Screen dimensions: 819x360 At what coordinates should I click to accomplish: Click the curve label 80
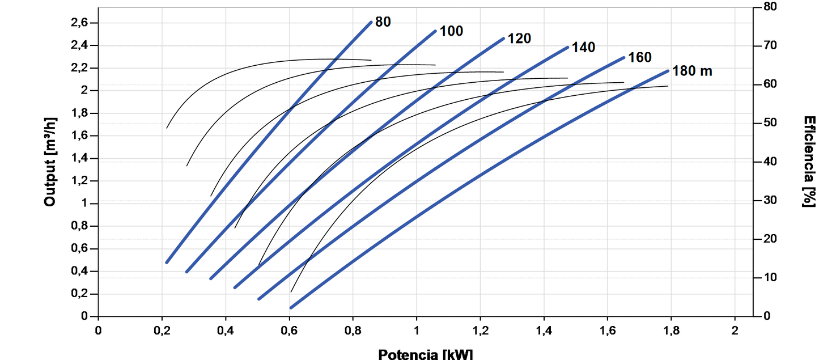pos(383,22)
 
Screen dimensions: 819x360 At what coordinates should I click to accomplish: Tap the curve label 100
pos(451,31)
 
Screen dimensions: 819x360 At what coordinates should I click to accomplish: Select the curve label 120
pos(519,39)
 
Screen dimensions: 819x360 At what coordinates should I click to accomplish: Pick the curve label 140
pos(583,48)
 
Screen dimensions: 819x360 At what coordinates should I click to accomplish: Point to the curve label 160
pos(640,57)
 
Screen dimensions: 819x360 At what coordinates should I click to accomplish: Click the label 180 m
pos(692,71)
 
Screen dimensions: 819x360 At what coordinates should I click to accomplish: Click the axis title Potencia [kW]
pos(425,354)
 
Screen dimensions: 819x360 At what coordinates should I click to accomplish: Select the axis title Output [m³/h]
pos(50,162)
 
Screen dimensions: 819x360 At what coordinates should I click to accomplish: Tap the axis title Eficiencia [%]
pos(809,162)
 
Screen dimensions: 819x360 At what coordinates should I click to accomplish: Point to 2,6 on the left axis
pos(79,23)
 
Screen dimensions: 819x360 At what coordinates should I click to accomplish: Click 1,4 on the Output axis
pos(79,158)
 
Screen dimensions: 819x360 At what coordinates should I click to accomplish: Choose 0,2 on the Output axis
pos(79,294)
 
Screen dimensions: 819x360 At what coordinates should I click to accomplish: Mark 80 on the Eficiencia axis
pos(770,7)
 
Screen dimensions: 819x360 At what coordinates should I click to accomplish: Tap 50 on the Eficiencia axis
pos(770,122)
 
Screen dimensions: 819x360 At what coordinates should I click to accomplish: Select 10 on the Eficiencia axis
pos(770,277)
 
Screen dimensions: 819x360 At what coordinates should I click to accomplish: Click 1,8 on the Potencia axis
pos(671,331)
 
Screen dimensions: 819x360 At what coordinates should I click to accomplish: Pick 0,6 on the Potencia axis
pos(289,331)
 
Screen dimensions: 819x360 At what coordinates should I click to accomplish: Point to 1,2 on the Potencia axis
pos(480,331)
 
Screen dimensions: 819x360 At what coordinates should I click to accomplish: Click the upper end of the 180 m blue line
pos(668,71)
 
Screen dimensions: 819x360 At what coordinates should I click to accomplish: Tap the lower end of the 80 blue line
pos(167,262)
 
